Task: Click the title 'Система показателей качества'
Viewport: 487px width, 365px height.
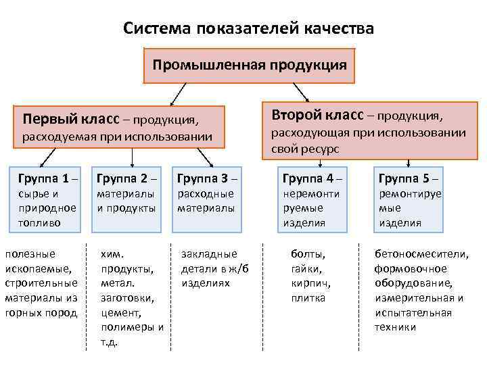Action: [248, 28]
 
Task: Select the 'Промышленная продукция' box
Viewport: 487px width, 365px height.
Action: [250, 66]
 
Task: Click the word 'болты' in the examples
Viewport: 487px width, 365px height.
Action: [308, 254]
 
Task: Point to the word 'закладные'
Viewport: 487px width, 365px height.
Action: [210, 254]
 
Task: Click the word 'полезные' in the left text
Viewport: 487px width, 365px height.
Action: [30, 253]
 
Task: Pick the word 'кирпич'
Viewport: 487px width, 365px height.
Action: [308, 283]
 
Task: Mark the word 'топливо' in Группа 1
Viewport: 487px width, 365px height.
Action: [39, 222]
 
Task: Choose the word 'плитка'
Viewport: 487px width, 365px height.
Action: [308, 298]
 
